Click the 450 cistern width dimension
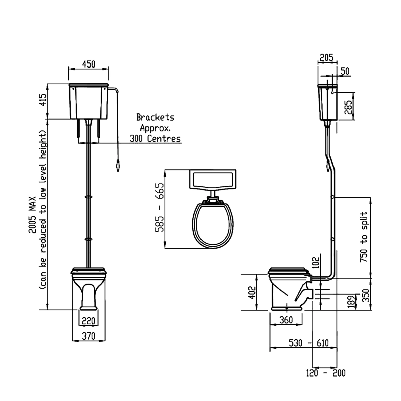pos(89,64)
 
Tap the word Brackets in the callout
pos(155,117)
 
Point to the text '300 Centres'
pos(155,138)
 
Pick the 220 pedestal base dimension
pos(88,321)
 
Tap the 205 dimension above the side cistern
pos(326,58)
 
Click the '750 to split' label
pos(364,237)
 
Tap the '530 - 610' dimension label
pos(309,343)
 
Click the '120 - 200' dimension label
pos(325,373)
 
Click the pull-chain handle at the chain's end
pos(117,166)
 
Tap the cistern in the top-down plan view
pos(213,179)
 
